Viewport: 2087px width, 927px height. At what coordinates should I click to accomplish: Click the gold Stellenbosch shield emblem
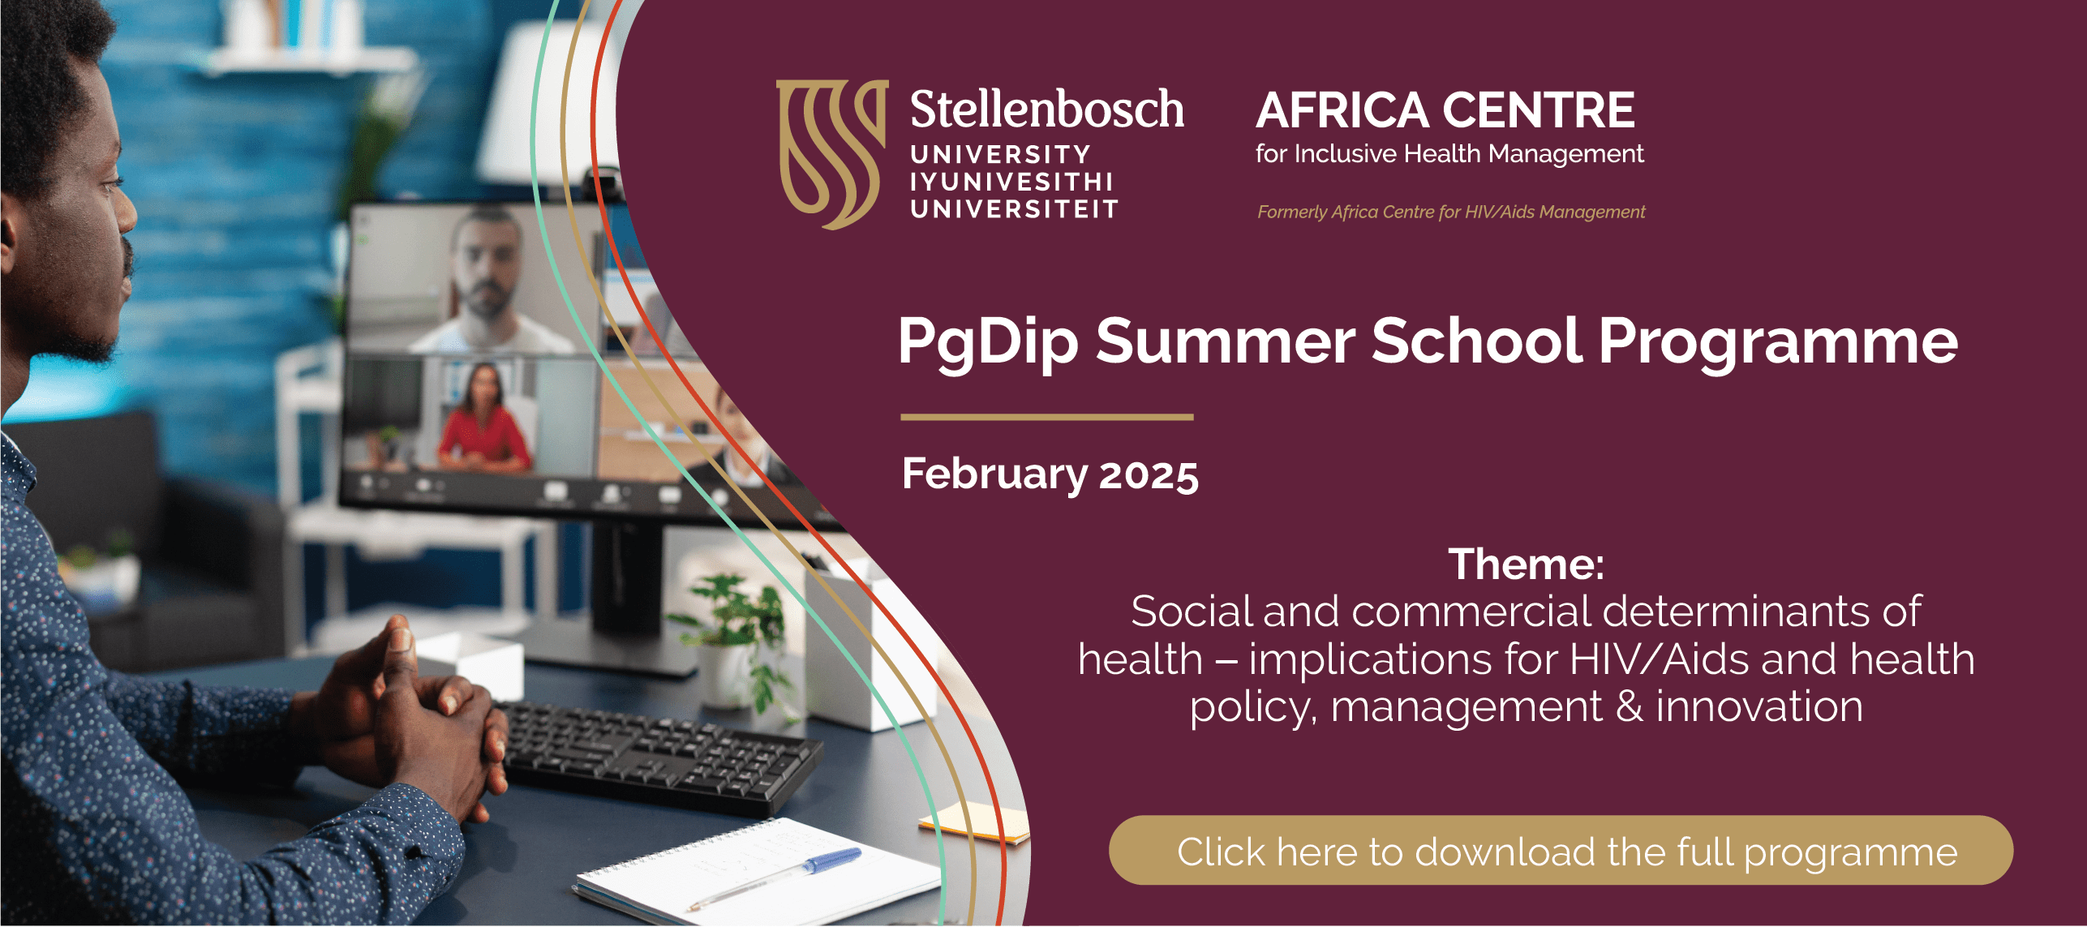831,154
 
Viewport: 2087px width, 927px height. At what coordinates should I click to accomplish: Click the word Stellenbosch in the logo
1046,109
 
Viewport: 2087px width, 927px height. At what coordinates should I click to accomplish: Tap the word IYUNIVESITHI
1011,182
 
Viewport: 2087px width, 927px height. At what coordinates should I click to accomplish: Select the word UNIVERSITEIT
1014,209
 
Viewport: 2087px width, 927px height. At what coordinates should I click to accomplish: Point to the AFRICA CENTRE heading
1445,110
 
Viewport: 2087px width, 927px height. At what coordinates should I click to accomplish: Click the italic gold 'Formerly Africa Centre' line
1451,212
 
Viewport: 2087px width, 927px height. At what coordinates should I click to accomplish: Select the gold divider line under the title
1047,417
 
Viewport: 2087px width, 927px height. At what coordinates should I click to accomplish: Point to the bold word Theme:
1527,564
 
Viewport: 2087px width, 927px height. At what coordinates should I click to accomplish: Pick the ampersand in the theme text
1629,707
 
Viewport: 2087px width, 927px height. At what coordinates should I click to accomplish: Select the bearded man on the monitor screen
485,280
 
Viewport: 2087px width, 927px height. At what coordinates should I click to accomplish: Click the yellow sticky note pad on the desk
973,821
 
